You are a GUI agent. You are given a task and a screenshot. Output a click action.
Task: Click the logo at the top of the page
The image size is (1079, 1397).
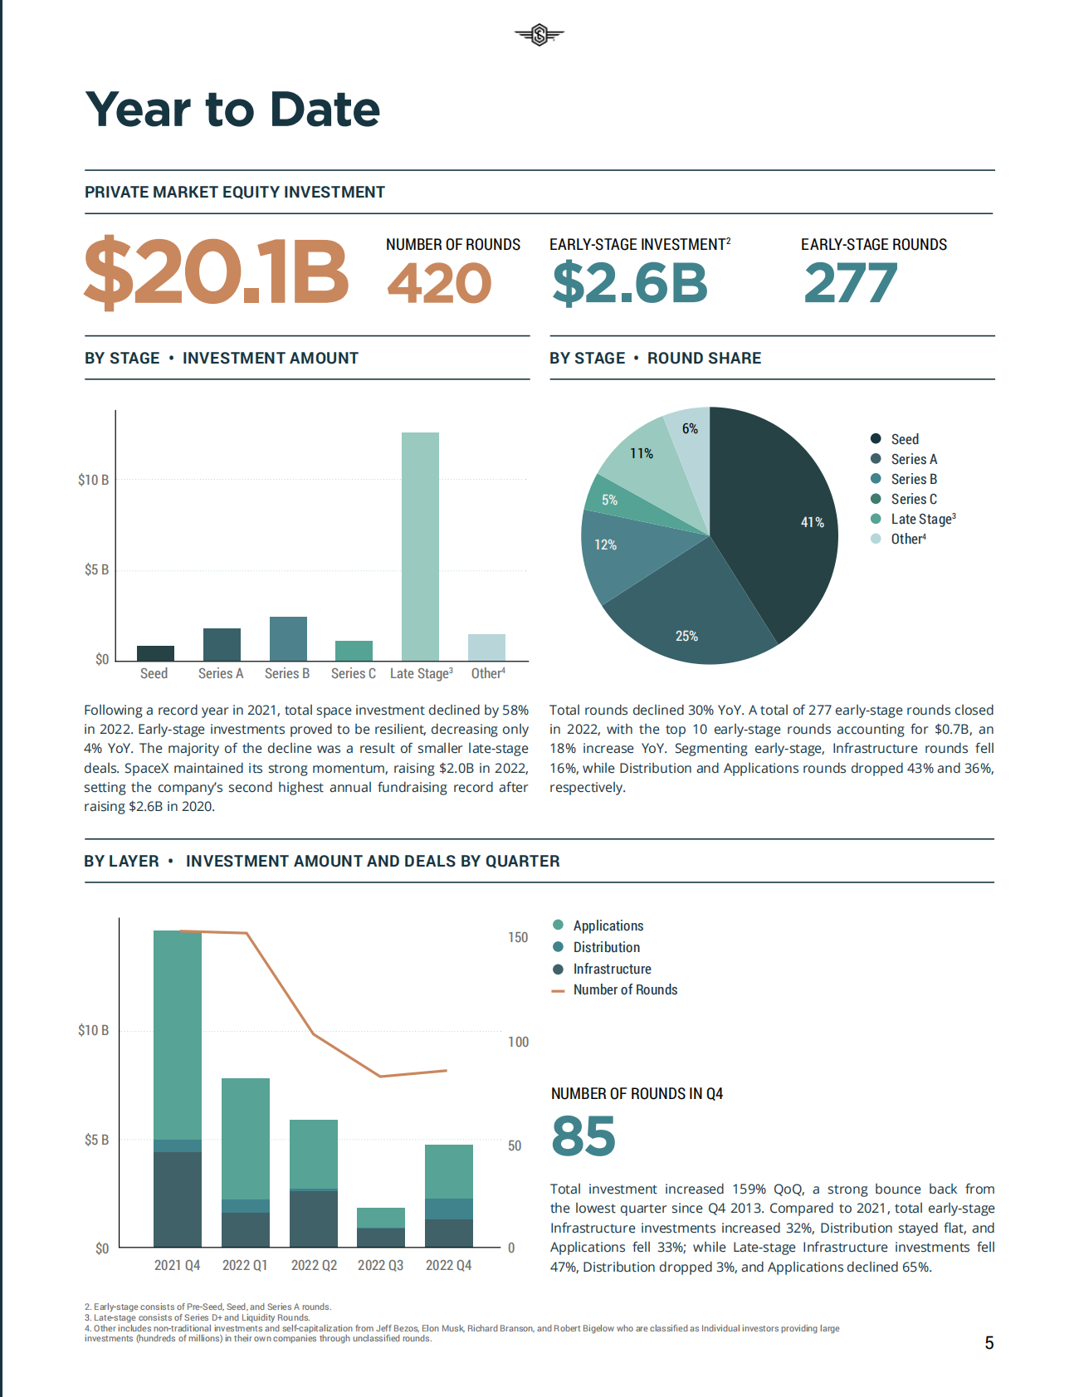click(x=539, y=35)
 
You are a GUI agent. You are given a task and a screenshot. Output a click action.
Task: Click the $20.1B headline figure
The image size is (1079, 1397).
click(x=216, y=271)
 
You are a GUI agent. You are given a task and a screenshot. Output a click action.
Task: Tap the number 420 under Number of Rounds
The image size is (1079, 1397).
click(x=439, y=283)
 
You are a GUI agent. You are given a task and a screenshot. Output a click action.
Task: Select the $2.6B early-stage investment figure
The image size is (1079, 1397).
click(x=630, y=283)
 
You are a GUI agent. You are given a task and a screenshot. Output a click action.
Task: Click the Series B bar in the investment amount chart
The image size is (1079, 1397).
click(x=288, y=638)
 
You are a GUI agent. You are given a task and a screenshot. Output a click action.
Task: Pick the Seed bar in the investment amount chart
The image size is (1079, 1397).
click(x=155, y=653)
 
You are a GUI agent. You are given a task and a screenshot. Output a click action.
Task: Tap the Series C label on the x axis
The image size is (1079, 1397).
click(x=353, y=673)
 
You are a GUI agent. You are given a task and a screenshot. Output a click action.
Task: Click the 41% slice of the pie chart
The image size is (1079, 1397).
click(x=780, y=531)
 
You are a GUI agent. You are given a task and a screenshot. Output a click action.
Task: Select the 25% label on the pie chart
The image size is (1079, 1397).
click(x=686, y=636)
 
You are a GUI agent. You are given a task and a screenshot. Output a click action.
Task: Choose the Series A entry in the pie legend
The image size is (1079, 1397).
click(x=914, y=459)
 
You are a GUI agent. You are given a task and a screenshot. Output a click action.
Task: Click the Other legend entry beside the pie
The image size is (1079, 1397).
click(x=908, y=539)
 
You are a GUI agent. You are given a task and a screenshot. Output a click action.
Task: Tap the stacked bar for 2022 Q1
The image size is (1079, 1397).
click(x=246, y=1162)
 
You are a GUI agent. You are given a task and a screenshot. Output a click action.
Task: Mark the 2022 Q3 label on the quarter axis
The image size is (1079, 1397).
click(x=380, y=1265)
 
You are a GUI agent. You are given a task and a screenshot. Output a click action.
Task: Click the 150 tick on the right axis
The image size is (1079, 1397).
click(x=518, y=937)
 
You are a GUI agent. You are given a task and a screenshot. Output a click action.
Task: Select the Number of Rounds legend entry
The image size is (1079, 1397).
click(x=624, y=989)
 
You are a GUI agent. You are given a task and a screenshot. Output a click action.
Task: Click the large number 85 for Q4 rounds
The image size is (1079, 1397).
click(x=583, y=1136)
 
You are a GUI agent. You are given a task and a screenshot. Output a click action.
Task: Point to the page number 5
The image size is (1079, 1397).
click(x=989, y=1342)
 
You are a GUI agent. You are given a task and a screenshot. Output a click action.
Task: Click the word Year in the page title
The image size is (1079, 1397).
click(x=139, y=110)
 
